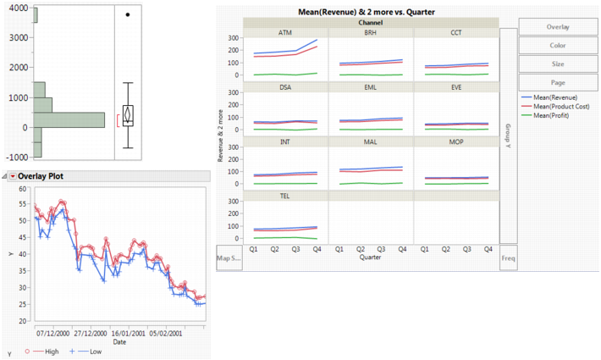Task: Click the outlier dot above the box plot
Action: tap(128, 14)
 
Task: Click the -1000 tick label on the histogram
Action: tap(15, 157)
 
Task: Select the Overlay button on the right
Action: tap(558, 26)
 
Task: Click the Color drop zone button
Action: tap(558, 45)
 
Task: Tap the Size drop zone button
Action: tap(558, 63)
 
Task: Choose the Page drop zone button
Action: tap(558, 81)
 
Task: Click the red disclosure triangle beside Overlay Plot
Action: tap(13, 176)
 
